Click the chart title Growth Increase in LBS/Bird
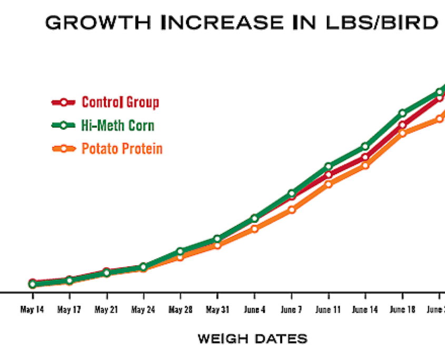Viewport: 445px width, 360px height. [x=242, y=23]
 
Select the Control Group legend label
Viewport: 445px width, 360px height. [x=120, y=102]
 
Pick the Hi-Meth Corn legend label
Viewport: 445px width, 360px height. [x=118, y=125]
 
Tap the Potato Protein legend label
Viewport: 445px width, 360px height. [x=122, y=149]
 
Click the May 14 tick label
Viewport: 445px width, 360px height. [x=32, y=309]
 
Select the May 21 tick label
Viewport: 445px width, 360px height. [x=106, y=309]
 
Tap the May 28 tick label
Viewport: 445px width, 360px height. [x=180, y=309]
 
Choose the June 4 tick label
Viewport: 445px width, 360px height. [x=254, y=309]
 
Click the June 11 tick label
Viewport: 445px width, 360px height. [x=329, y=309]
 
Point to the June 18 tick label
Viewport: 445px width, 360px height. [x=402, y=309]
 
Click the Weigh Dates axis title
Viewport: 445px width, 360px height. [x=252, y=339]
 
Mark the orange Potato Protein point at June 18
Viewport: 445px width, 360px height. [x=402, y=133]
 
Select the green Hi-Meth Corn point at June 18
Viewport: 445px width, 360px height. [x=402, y=113]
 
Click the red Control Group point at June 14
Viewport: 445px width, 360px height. [x=365, y=157]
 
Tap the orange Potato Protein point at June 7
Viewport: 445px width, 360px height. [x=291, y=210]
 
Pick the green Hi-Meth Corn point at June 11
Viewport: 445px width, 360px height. [x=328, y=166]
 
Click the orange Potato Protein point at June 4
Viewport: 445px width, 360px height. [x=254, y=228]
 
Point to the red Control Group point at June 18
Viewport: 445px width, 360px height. [x=402, y=125]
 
